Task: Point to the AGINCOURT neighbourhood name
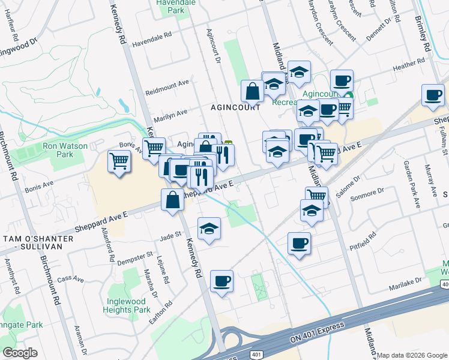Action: coord(235,107)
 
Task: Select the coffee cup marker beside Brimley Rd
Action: coord(433,95)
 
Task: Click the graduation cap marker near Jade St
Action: coord(209,229)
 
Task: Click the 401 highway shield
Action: coord(256,354)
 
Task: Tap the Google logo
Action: coord(20,353)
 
